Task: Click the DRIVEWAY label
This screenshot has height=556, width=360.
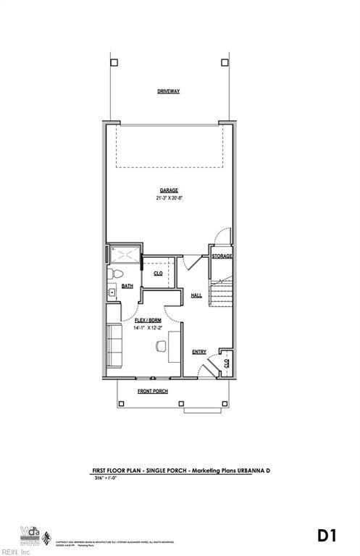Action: pos(169,91)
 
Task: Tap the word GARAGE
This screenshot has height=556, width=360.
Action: pos(169,190)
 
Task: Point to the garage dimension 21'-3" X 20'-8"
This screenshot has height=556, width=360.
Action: pos(169,198)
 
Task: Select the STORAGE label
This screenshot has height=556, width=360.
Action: pos(222,256)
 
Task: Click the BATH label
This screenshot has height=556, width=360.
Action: pos(127,287)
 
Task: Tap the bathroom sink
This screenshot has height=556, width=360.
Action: pos(112,292)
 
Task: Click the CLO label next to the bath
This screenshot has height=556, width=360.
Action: pos(158,274)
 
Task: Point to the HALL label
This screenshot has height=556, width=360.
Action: pos(196,295)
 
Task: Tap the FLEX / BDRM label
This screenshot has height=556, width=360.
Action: pos(149,319)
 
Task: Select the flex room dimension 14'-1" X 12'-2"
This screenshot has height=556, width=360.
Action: pos(149,327)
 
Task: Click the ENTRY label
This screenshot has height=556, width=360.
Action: pos(199,353)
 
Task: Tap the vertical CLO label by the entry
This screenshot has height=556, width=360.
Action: pos(227,363)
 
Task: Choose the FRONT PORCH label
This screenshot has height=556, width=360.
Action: pos(153,392)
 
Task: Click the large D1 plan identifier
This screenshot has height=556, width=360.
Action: pos(327,536)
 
